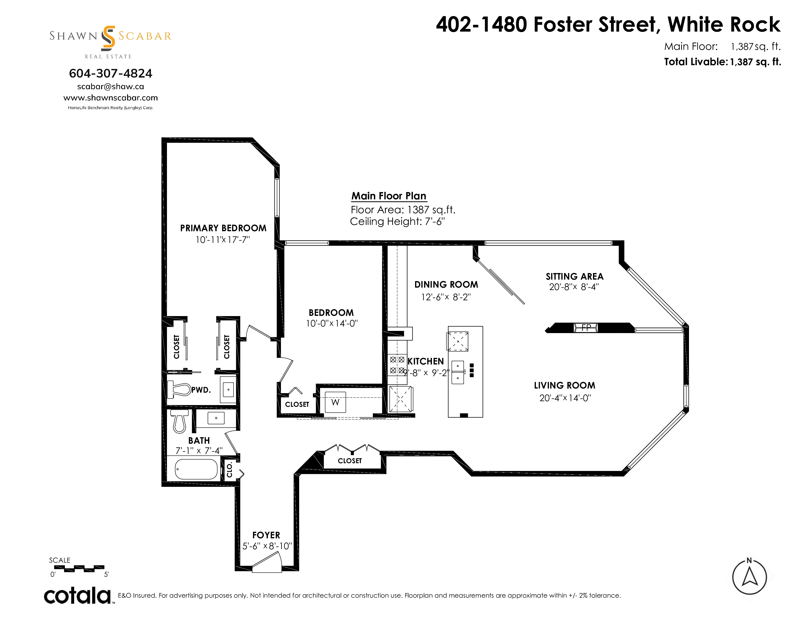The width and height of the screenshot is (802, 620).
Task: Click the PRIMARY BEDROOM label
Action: point(223,228)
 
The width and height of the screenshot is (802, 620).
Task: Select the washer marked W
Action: point(335,402)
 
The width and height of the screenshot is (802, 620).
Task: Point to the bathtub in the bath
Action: point(196,469)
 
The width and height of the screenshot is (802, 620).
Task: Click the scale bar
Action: point(79,569)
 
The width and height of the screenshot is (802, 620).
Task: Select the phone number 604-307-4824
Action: point(111,73)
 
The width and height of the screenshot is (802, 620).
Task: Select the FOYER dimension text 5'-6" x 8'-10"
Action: point(267,546)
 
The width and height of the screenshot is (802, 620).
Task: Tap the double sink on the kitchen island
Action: point(458,372)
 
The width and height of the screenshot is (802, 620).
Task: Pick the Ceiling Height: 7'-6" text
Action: point(397,221)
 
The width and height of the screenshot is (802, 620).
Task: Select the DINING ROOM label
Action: point(446,285)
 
